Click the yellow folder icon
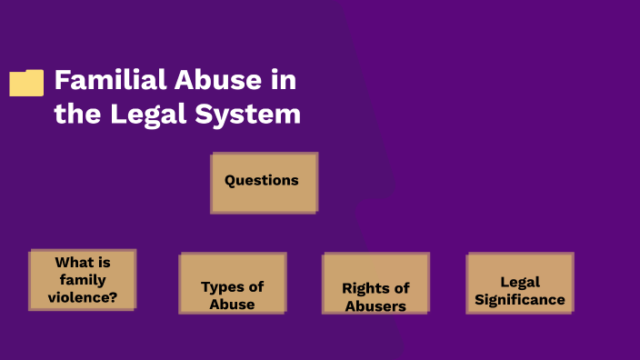(26, 83)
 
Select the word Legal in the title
(145, 115)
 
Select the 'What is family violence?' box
(83, 280)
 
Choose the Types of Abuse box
(232, 283)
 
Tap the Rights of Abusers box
(375, 283)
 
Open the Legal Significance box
(520, 283)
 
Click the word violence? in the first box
(83, 296)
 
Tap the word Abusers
(375, 306)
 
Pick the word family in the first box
(83, 279)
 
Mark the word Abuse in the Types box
(232, 304)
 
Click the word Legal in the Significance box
(520, 282)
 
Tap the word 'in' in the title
(283, 80)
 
